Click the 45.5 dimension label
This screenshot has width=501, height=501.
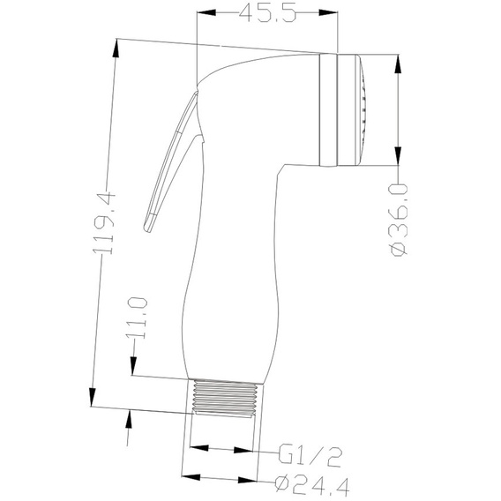[x=268, y=12]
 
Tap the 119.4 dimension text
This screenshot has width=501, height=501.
[x=103, y=222]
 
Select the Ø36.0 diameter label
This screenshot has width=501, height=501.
[x=399, y=221]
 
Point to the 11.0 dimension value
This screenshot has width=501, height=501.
[x=138, y=318]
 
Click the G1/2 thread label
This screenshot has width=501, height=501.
[x=310, y=455]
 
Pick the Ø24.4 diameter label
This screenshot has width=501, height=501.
[x=312, y=485]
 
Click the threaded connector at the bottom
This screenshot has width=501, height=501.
[x=226, y=398]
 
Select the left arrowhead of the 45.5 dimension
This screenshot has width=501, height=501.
[x=206, y=12]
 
